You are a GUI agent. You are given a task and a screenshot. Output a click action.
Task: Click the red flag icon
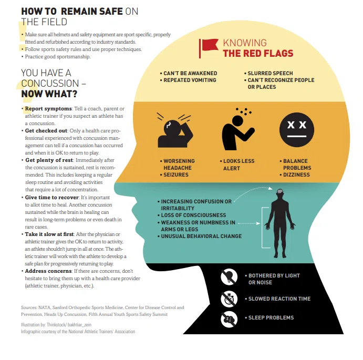coord(208,48)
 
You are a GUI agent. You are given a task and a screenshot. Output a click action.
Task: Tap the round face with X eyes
coord(297,130)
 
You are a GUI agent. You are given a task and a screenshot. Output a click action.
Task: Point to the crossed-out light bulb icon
coord(229,276)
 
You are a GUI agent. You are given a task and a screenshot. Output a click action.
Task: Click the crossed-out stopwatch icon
coord(229,299)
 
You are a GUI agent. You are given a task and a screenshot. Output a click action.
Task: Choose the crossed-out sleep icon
coord(229,320)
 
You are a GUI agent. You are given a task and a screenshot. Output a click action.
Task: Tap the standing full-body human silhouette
coord(280,223)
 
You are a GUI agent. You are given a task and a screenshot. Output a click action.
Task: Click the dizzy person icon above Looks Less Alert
coord(238,129)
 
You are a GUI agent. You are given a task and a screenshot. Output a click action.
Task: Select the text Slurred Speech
coord(270,73)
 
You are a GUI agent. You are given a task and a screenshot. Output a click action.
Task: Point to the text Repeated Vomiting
coord(190,80)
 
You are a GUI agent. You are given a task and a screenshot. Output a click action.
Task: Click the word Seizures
coord(176,174)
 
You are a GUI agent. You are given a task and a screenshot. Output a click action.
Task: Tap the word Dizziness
coord(296,174)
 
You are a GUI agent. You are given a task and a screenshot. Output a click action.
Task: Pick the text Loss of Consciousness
coord(193,215)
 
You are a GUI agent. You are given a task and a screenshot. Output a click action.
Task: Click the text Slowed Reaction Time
coord(279,299)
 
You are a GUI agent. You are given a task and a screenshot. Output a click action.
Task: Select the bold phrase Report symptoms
coord(48,109)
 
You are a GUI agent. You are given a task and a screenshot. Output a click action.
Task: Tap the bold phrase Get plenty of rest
coord(49,160)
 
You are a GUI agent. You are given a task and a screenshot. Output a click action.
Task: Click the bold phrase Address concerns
coord(48,271)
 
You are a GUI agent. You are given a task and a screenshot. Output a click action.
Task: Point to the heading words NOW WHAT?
coord(49,94)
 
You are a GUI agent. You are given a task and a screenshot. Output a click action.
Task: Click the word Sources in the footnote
coord(29,307)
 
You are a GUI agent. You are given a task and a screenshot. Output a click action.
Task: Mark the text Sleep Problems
coord(271,317)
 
